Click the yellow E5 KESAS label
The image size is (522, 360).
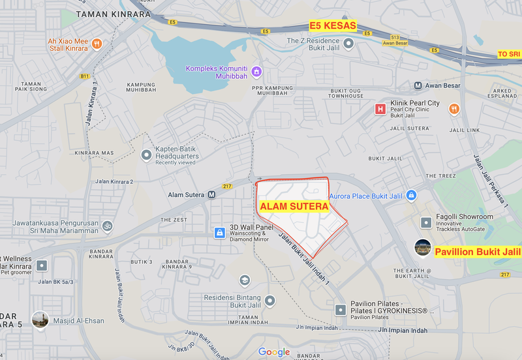333,26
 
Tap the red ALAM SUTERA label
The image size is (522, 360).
294,206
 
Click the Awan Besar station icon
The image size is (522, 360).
418,85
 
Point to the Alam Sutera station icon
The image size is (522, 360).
212,194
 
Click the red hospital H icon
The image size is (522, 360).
380,109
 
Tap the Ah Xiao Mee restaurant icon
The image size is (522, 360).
97,44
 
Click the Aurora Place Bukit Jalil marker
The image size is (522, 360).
411,195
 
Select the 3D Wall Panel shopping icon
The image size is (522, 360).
220,233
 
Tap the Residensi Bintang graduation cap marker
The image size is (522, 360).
245,280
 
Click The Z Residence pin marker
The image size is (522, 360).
349,44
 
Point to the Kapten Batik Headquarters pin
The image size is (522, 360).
146,155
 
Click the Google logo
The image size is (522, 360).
274,352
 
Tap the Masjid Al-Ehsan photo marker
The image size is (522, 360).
41,320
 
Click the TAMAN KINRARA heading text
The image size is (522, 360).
113,14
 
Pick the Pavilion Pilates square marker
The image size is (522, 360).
340,309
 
